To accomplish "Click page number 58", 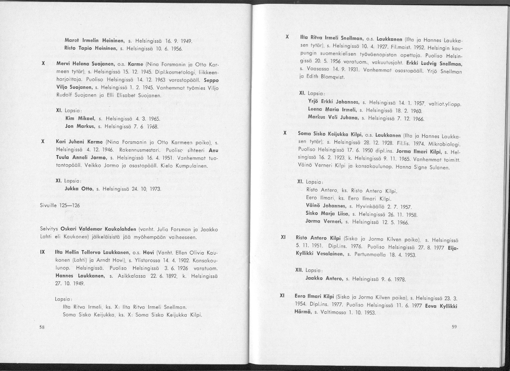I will click(x=42, y=328).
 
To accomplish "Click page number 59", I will click(x=454, y=327).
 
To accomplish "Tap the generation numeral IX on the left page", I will click(x=43, y=252).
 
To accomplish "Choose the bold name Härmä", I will click(x=302, y=313).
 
